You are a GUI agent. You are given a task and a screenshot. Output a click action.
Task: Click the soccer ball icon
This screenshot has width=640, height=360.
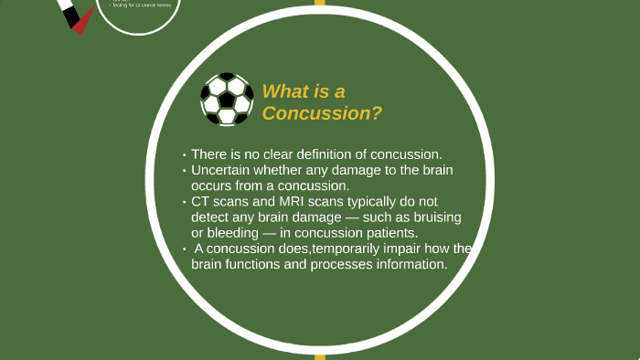click(227, 100)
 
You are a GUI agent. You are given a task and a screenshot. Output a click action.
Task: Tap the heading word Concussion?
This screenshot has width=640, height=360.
click(322, 113)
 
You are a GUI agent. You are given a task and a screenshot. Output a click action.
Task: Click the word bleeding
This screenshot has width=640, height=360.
click(230, 233)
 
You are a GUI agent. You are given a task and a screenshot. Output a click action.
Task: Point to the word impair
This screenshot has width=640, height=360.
click(405, 249)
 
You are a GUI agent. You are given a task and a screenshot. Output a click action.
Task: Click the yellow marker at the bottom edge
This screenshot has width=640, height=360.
click(320, 356)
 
